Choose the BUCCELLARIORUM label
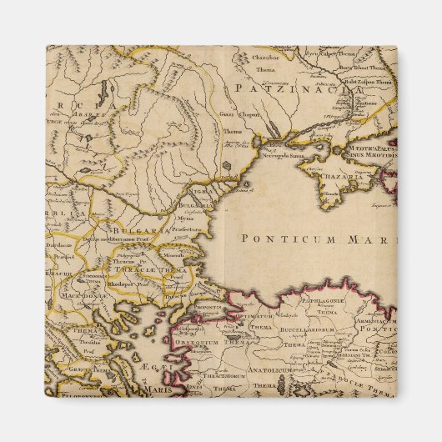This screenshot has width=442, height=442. point(305,329)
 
